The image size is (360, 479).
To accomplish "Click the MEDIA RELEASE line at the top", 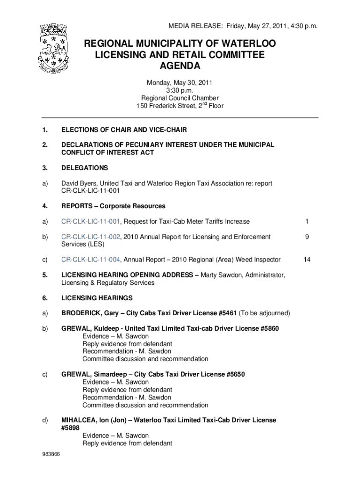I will point(238,27).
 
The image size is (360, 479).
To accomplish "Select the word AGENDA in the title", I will point(180,66).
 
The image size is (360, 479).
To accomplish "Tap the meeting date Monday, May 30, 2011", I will point(180,83).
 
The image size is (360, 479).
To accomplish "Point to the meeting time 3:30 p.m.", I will point(180,90).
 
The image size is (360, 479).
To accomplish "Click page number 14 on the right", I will point(307,260).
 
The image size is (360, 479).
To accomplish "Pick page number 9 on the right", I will point(307,237).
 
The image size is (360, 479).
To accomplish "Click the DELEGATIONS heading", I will point(85,168).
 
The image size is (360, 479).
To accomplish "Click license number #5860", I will point(268,328).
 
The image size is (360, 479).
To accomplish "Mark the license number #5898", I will point(71,428).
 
